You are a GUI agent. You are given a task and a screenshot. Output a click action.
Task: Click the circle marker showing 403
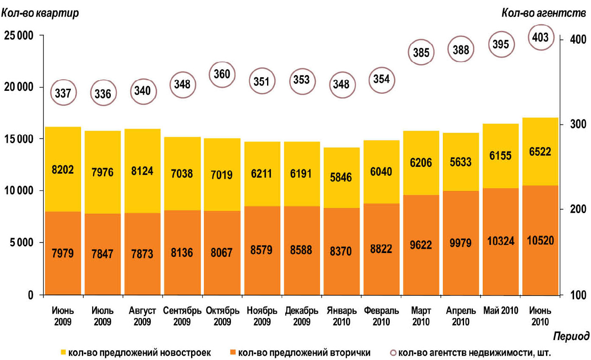pos(541,38)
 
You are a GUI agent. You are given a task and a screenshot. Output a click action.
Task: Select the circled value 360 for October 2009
pos(222,74)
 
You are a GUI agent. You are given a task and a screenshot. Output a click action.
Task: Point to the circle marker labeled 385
pos(422,52)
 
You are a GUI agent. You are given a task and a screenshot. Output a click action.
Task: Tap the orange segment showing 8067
pos(222,253)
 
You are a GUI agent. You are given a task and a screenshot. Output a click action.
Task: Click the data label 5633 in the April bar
pos(461,159)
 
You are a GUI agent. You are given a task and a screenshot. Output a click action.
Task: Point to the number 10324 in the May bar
pos(501,242)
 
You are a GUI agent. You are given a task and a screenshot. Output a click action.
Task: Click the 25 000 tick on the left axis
pos(18,36)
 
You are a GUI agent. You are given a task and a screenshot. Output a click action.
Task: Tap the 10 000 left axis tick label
pos(18,191)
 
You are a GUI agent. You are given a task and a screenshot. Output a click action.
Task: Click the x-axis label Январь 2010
pos(341,316)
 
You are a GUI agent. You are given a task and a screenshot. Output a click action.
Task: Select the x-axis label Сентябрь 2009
pos(182,316)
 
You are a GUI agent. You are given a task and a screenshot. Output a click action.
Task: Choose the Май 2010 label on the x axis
pos(501,310)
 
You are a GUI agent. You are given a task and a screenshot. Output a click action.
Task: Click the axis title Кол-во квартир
pos(40,13)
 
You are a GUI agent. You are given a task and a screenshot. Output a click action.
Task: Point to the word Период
pos(571,337)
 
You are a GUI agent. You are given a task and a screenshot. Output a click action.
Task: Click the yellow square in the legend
pos(63,352)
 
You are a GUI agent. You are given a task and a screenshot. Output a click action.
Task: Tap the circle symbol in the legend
pos(393,352)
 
